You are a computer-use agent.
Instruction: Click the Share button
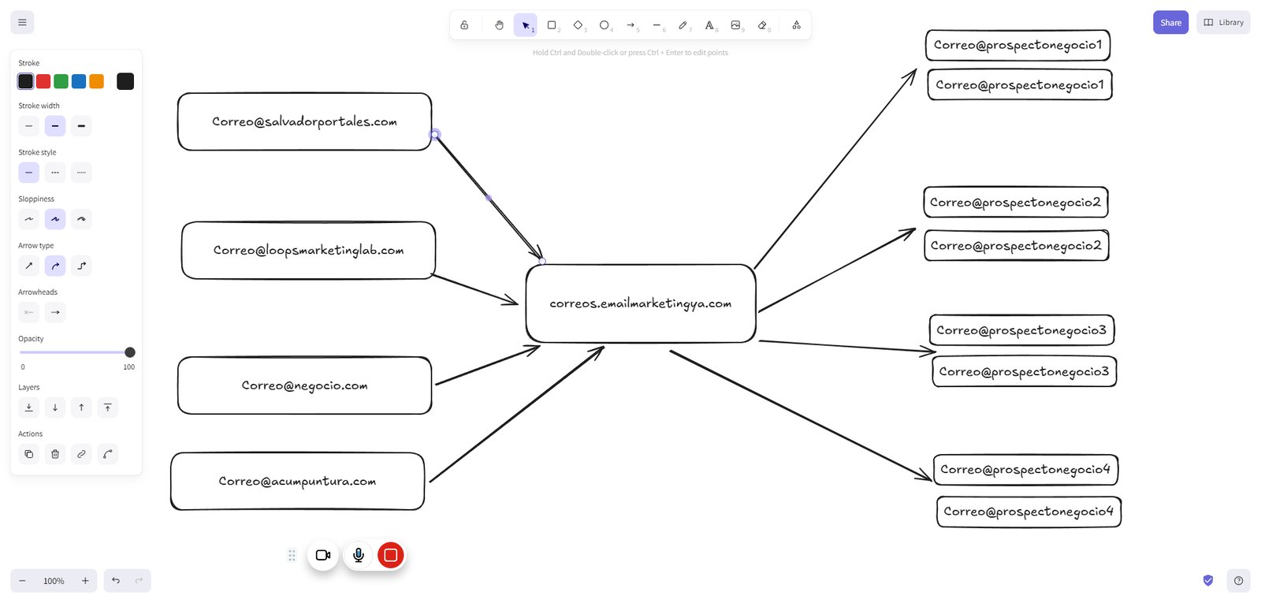(1170, 23)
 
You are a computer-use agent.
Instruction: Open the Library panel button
(1223, 23)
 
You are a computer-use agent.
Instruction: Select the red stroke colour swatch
(43, 81)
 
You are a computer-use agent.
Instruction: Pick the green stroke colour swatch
(61, 81)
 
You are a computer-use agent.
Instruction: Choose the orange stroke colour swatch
(97, 81)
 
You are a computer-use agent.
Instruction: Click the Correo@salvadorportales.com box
(304, 121)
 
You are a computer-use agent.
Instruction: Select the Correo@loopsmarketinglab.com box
(308, 250)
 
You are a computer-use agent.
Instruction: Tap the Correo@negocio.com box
(304, 385)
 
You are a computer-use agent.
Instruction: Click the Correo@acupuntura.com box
(297, 482)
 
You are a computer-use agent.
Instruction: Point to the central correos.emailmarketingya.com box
(641, 303)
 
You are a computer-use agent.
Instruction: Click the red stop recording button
(391, 555)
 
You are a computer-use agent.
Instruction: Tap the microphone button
(358, 555)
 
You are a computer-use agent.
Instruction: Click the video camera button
(323, 555)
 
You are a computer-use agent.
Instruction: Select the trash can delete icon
(55, 454)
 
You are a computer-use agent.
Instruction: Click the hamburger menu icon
(23, 23)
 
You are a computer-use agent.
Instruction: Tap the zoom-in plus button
(85, 580)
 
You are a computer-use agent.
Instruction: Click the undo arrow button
(116, 580)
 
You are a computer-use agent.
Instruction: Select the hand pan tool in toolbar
(499, 25)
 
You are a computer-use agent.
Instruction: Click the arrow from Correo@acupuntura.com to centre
(517, 414)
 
